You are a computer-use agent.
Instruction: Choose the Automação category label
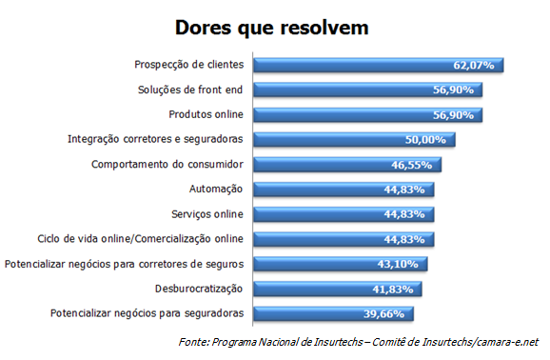(x=215, y=189)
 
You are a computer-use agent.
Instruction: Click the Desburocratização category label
(x=199, y=288)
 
